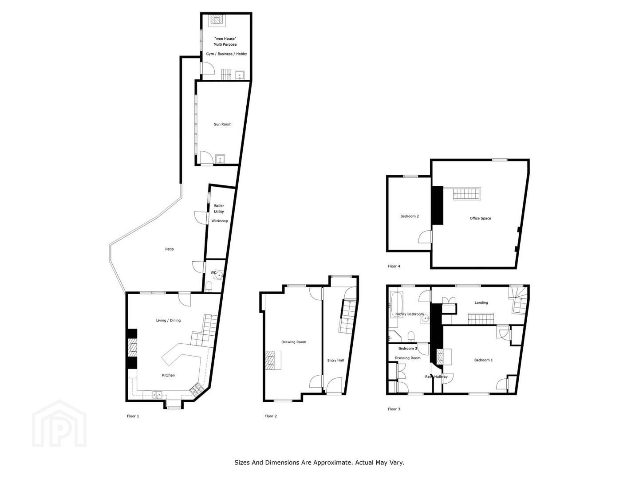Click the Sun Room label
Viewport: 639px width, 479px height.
[222, 124]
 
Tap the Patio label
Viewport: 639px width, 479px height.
[170, 249]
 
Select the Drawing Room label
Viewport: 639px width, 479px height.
[294, 342]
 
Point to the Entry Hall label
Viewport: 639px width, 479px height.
[335, 360]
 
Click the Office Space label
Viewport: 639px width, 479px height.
[480, 218]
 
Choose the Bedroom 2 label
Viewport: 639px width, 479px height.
[410, 216]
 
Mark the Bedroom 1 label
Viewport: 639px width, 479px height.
[484, 360]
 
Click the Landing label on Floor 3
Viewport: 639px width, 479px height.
[481, 302]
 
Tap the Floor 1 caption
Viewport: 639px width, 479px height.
[133, 416]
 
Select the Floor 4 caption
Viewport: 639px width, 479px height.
[394, 266]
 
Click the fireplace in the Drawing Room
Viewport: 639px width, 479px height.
[273, 360]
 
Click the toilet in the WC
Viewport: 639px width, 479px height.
[209, 287]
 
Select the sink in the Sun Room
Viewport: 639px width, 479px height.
[220, 159]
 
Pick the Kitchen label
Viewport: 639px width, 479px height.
[168, 375]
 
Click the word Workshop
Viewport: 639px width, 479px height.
[220, 221]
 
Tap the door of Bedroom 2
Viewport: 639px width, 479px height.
[426, 237]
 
